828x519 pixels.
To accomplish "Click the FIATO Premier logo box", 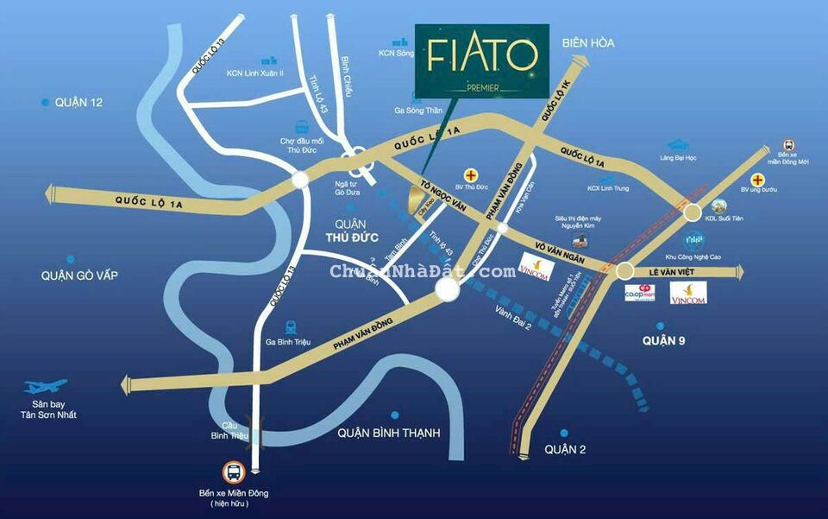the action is [482, 61].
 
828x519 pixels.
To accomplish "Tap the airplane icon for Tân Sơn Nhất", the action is [46, 387].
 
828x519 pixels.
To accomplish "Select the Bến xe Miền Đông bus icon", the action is [233, 472].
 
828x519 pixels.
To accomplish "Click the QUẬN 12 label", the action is [78, 102].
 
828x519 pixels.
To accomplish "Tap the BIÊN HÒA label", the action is [587, 42].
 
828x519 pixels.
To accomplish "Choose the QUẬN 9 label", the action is [663, 341].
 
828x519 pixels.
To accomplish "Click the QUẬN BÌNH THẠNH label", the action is [389, 433].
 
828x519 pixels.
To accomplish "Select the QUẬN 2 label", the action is [566, 449].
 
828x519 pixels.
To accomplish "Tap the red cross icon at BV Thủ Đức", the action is [471, 174].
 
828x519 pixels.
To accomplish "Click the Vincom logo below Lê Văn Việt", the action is [688, 293].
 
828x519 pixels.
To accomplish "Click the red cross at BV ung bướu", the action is [757, 180].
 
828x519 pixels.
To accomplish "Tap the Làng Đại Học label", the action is [678, 157].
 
